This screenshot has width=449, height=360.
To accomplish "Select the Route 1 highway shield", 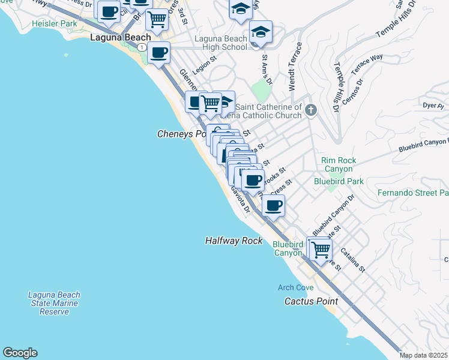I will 140,47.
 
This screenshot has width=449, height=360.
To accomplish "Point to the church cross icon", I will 310,110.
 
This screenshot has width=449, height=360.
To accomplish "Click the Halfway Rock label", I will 234,241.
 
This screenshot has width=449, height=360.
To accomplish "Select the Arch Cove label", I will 295,287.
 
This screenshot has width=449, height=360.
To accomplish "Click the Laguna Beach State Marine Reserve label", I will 54,304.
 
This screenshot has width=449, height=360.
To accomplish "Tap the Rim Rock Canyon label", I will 339,164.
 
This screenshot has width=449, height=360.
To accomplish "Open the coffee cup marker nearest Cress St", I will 273,206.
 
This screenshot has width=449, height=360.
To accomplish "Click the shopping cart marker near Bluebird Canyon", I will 321,248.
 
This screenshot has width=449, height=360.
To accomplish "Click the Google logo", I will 20,353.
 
